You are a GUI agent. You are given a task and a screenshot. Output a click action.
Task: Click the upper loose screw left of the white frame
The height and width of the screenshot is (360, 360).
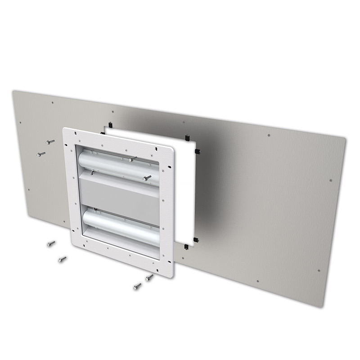50,142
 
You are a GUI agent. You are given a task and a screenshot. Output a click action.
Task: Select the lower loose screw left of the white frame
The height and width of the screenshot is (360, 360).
40,154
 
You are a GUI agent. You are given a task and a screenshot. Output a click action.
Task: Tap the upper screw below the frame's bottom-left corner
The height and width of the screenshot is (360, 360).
51,243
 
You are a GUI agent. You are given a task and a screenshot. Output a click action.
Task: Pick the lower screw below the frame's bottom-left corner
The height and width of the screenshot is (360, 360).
62,259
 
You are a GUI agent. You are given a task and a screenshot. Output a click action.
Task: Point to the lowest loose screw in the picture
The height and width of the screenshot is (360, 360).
137,286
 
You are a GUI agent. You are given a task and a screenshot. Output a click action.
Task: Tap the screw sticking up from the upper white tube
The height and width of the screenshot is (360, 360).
131,158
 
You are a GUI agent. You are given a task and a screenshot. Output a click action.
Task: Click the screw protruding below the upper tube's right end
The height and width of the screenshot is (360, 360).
147,178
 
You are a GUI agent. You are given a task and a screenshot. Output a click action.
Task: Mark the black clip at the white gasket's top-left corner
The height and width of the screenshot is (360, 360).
111,125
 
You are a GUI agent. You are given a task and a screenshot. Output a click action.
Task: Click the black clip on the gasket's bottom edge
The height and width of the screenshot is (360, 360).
186,246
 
